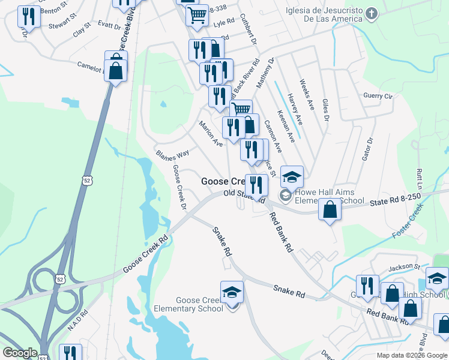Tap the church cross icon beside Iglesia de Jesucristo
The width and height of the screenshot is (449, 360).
coord(372,14)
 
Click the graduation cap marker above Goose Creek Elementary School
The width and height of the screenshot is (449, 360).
coord(232,292)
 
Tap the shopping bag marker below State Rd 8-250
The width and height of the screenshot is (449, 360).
coord(330,210)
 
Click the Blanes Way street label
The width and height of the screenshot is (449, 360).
coord(169,155)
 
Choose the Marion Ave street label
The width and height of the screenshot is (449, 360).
coord(211,134)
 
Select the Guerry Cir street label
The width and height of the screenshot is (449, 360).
coord(378,96)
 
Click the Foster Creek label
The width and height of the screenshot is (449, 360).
coord(408,220)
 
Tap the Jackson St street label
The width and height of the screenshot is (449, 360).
coord(404,266)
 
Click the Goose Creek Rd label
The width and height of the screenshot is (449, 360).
coord(146,254)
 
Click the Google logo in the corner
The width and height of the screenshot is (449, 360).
coord(20,353)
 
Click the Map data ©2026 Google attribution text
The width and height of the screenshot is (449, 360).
coord(412,355)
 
